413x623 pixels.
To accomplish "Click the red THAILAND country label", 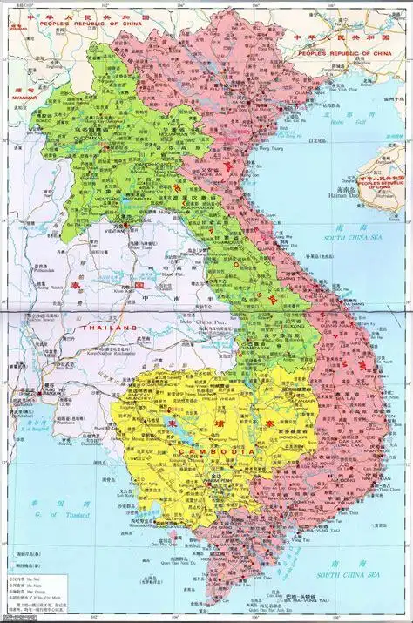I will pos(111,327).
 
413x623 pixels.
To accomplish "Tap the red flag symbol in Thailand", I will pos(138,286).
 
